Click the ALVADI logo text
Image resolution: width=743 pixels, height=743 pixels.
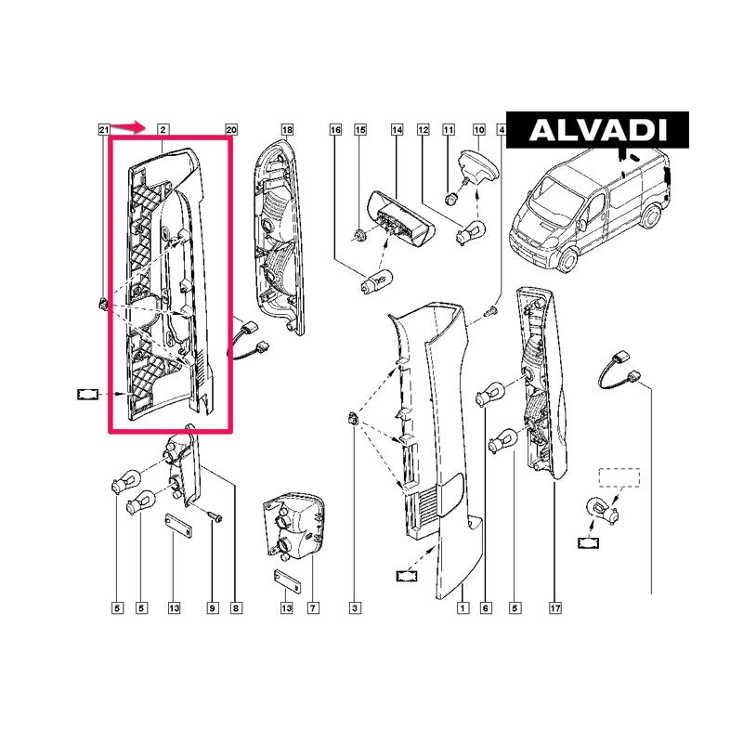pos(598,130)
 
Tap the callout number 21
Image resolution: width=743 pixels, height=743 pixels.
pos(104,130)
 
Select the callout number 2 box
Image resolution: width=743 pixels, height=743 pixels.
pos(163,130)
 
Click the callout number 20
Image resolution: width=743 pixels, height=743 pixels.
pos(231,130)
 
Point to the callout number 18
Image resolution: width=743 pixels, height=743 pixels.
pos(288,130)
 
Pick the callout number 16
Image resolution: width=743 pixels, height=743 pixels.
pos(335,130)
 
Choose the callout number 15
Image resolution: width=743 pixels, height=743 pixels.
pos(360,130)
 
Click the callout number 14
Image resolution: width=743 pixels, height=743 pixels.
pos(398,130)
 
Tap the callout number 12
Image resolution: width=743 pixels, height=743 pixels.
pos(424,130)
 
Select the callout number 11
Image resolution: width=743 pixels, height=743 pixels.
pos(449,130)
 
